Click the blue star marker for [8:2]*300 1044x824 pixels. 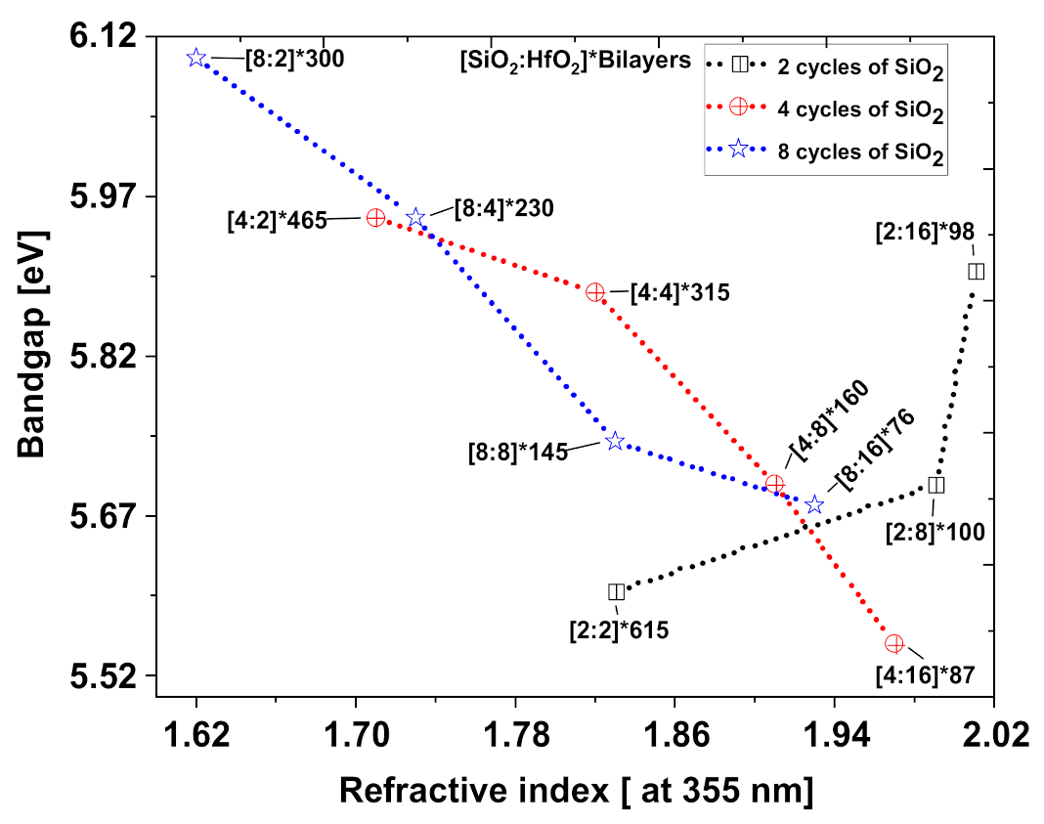(196, 59)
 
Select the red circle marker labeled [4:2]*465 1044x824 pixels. (375, 218)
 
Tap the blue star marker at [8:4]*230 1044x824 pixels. (415, 217)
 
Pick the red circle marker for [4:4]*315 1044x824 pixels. (595, 292)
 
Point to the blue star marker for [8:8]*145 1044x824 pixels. (615, 442)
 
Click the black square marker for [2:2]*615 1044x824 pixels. (616, 591)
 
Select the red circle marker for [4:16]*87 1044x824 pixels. (893, 643)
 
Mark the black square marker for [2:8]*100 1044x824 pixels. (935, 485)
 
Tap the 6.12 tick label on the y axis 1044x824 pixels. (105, 37)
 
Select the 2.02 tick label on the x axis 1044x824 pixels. (994, 734)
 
